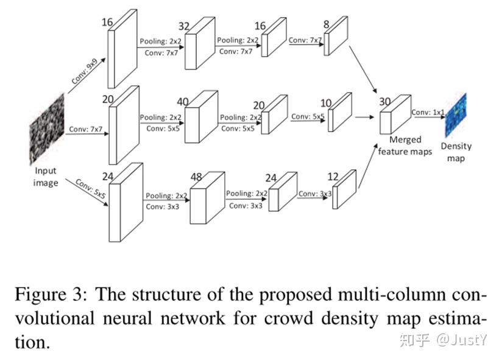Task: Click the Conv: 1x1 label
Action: click(428, 111)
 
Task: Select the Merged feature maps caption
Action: click(405, 146)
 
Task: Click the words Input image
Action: click(46, 177)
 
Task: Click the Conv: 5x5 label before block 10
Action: click(308, 117)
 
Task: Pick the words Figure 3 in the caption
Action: click(46, 295)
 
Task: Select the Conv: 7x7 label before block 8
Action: click(305, 40)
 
